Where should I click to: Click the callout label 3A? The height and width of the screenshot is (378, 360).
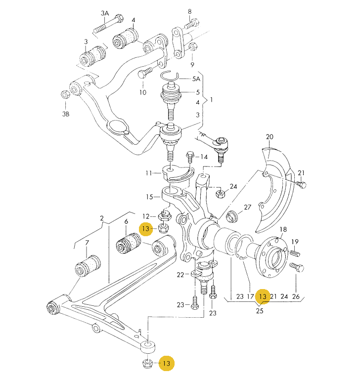click(x=105, y=12)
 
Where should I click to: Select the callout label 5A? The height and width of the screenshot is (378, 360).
click(x=196, y=79)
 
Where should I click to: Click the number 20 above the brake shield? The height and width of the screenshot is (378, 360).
click(x=269, y=136)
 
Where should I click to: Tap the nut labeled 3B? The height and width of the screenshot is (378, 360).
click(x=64, y=94)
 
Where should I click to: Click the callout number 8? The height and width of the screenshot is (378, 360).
click(x=189, y=11)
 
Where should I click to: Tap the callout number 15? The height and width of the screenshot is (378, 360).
click(x=149, y=197)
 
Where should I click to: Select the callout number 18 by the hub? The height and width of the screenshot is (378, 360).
click(x=283, y=229)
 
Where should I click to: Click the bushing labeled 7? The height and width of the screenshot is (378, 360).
click(x=88, y=265)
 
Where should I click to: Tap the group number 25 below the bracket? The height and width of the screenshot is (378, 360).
click(x=260, y=311)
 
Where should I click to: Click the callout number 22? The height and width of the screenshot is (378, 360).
click(x=180, y=275)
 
